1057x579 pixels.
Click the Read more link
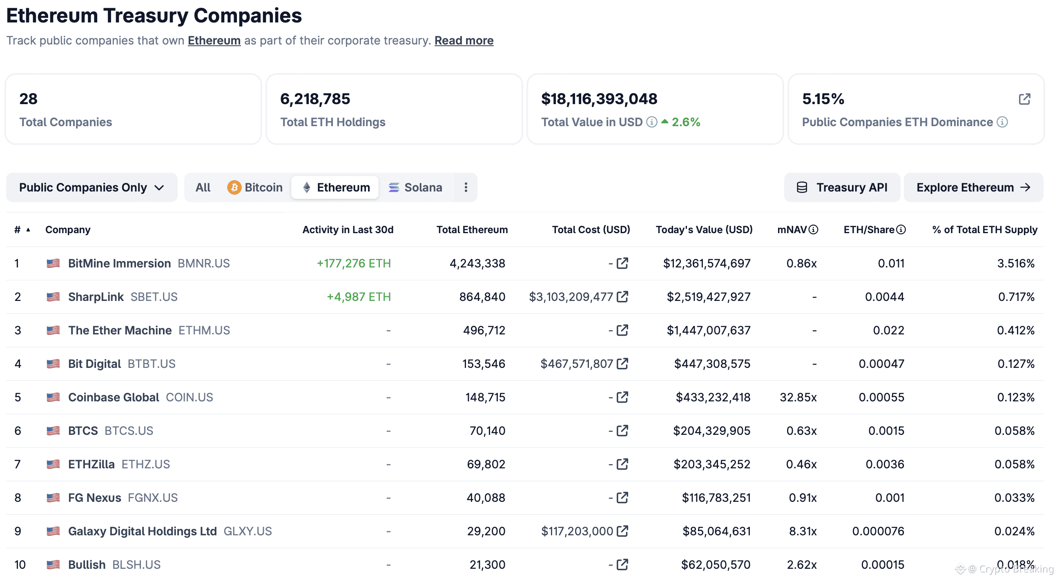pos(464,40)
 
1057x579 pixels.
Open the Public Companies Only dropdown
pos(91,187)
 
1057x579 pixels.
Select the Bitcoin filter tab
pos(255,187)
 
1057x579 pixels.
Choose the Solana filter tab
pos(415,187)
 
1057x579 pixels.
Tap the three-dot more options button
pos(466,187)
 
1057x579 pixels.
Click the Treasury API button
pos(842,187)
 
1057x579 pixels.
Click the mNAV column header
pos(792,230)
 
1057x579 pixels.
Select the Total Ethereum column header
pos(472,230)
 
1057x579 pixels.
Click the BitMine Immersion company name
pos(119,263)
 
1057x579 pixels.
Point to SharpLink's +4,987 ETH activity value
pos(358,297)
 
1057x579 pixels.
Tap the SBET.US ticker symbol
pos(154,297)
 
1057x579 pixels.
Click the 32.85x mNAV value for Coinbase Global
pos(798,397)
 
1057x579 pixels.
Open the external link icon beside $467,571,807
pos(622,363)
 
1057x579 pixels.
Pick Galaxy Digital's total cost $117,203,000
pos(577,531)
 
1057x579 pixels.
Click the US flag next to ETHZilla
pos(53,464)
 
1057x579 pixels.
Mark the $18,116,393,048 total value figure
pos(599,99)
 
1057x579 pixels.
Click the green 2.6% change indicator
pos(685,122)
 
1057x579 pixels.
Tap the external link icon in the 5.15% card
pos(1024,99)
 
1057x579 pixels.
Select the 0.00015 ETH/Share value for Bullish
pos(882,565)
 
